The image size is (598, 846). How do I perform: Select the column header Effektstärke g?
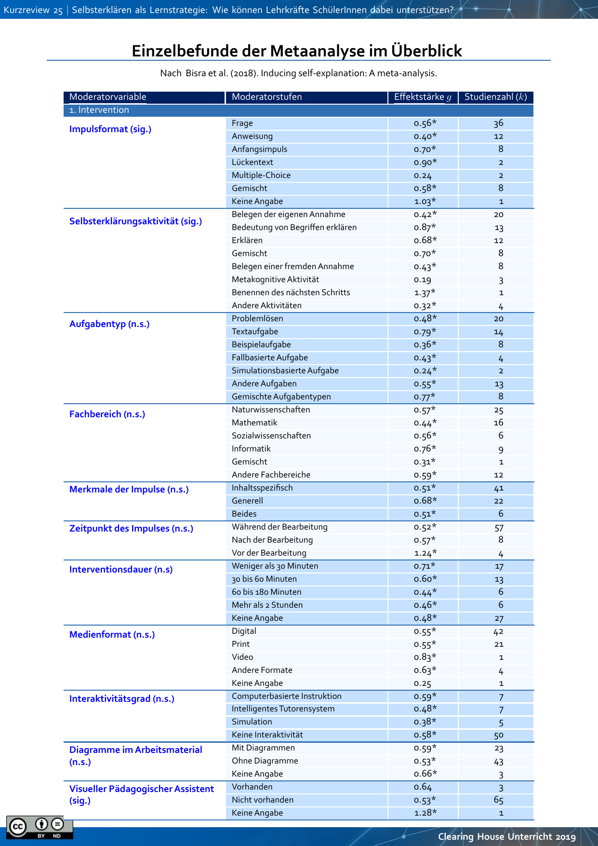(x=423, y=97)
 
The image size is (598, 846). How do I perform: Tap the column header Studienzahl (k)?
(x=495, y=97)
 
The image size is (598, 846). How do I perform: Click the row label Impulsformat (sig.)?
(x=110, y=129)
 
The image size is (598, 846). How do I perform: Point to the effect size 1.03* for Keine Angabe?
(x=425, y=202)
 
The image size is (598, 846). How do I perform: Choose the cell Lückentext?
(x=252, y=163)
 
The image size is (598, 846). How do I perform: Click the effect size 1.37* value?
(x=425, y=293)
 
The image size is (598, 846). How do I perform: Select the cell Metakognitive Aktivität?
(x=275, y=280)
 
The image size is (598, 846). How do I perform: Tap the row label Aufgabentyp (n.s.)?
(x=109, y=324)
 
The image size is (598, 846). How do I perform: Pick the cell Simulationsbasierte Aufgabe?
(x=285, y=371)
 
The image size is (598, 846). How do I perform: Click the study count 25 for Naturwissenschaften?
(x=499, y=410)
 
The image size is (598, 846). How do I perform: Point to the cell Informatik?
(x=251, y=449)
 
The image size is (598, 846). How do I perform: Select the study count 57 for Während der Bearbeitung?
(x=499, y=528)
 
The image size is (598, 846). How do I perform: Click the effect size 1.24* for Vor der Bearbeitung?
(x=425, y=553)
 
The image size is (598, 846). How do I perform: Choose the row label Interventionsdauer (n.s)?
(x=121, y=570)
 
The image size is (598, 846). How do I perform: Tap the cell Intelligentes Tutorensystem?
(x=283, y=709)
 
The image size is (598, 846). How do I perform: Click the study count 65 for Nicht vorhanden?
(x=499, y=800)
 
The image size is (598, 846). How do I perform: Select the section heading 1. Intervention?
(x=99, y=110)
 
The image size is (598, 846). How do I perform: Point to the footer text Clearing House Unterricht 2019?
(x=506, y=837)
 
